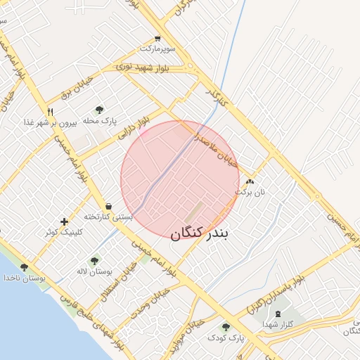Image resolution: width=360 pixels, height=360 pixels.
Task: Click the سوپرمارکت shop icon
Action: coord(157,39)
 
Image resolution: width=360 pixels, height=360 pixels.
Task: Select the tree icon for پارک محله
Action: coord(99,110)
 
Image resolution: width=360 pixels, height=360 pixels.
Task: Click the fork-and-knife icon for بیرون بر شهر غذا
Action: coord(50,112)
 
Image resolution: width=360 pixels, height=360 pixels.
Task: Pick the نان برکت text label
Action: coord(251,191)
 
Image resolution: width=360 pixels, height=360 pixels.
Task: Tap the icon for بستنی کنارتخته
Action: coord(108,206)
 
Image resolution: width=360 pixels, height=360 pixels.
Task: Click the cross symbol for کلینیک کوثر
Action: coord(64,221)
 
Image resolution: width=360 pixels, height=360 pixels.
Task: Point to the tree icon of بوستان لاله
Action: coord(94,261)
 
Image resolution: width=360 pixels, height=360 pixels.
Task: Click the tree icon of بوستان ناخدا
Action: coord(25,267)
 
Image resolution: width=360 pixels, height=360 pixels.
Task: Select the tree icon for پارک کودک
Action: coord(226,327)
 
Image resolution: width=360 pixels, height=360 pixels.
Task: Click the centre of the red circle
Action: coord(180,180)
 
